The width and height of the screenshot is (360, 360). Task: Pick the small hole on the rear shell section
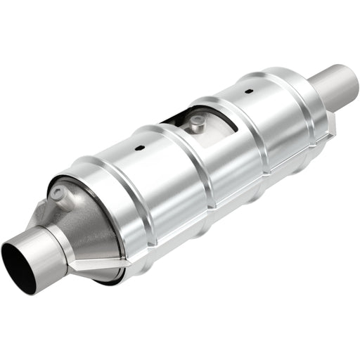tap(248, 91)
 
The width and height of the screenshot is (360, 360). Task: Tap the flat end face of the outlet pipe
tap(345, 76)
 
